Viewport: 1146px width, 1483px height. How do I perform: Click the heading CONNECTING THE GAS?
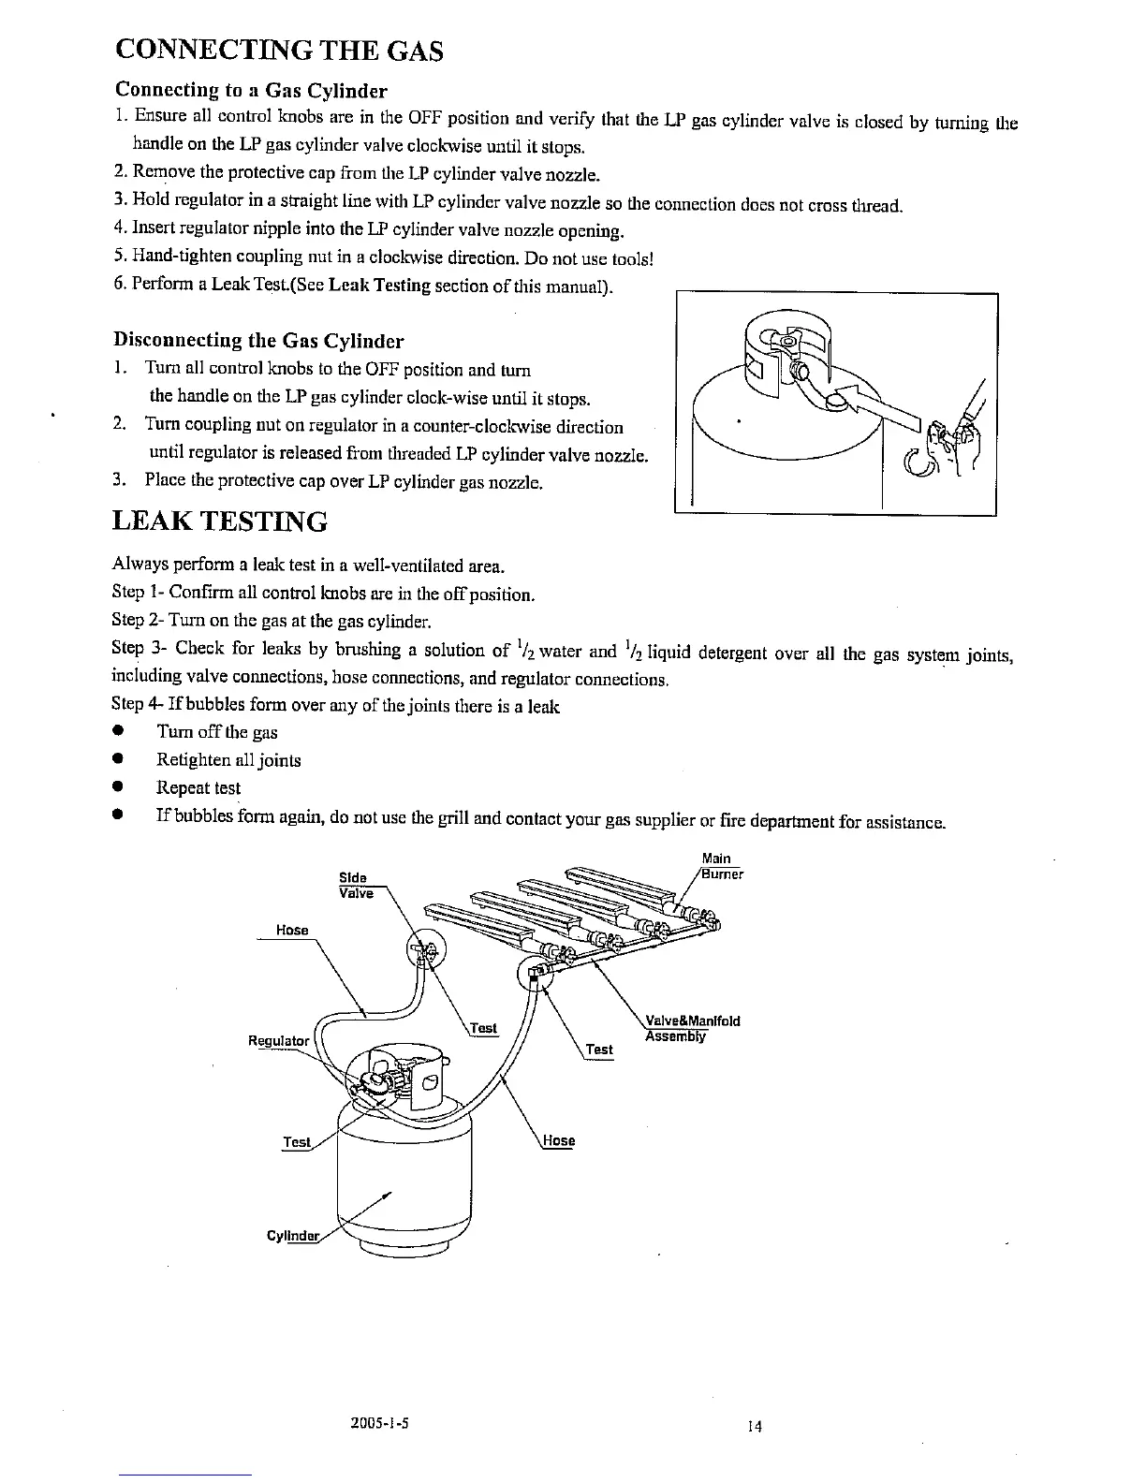(x=277, y=51)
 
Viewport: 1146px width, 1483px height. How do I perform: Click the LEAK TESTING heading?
(x=219, y=521)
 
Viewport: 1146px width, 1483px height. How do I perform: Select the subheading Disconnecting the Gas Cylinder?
(x=258, y=340)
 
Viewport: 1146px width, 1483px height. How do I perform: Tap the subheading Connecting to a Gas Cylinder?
(x=250, y=91)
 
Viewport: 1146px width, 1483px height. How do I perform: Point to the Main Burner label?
(x=722, y=867)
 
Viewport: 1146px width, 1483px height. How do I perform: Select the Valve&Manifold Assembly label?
(x=693, y=1028)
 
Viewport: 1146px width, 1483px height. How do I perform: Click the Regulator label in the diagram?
(x=278, y=1041)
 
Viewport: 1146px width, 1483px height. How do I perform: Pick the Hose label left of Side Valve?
(x=292, y=930)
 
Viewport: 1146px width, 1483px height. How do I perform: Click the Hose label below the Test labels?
(x=559, y=1141)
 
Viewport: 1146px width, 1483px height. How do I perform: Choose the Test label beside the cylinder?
(x=297, y=1142)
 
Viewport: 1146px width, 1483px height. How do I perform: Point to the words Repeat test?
(x=198, y=788)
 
